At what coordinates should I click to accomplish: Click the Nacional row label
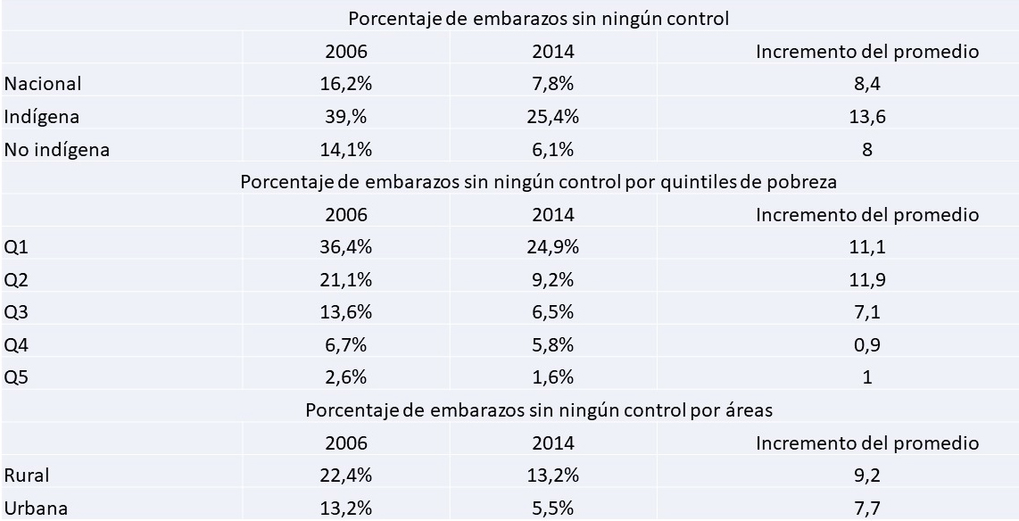pyautogui.click(x=43, y=84)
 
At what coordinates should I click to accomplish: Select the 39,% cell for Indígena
pyautogui.click(x=346, y=117)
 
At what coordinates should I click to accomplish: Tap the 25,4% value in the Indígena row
pyautogui.click(x=553, y=117)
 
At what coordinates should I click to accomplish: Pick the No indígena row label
pyautogui.click(x=57, y=150)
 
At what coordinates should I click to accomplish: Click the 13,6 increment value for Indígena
pyautogui.click(x=867, y=117)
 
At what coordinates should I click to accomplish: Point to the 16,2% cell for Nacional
pyautogui.click(x=346, y=84)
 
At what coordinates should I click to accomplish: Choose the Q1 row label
pyautogui.click(x=16, y=247)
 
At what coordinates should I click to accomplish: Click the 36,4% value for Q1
pyautogui.click(x=346, y=247)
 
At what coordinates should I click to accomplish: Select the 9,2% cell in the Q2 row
pyautogui.click(x=553, y=280)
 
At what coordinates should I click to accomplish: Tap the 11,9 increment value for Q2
pyautogui.click(x=867, y=280)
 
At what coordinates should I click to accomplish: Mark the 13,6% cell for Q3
pyautogui.click(x=346, y=312)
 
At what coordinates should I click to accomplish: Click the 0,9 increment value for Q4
pyautogui.click(x=867, y=345)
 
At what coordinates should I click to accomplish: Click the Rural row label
pyautogui.click(x=26, y=476)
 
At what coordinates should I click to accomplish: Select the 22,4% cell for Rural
pyautogui.click(x=346, y=476)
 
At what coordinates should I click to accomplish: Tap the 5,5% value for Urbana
pyautogui.click(x=553, y=509)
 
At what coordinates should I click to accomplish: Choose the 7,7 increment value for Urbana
pyautogui.click(x=867, y=509)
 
